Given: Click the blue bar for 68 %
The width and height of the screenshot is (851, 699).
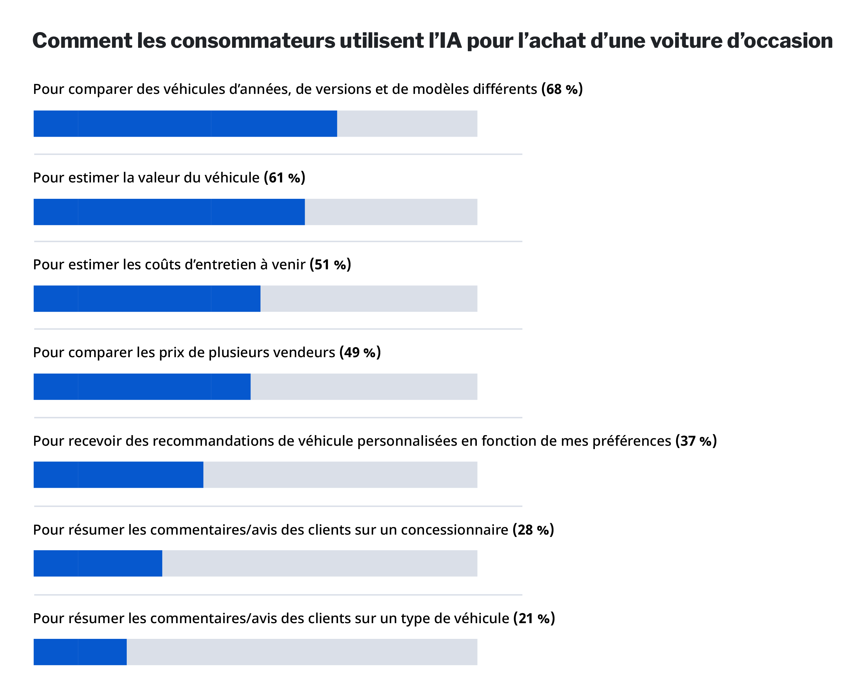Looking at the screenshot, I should pyautogui.click(x=185, y=124).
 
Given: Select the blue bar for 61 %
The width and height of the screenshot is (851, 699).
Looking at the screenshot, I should pyautogui.click(x=169, y=212).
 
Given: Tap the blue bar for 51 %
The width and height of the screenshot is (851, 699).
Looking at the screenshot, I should pyautogui.click(x=147, y=299).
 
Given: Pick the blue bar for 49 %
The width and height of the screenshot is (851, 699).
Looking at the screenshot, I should pyautogui.click(x=142, y=387).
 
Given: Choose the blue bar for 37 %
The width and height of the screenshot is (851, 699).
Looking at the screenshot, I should pyautogui.click(x=118, y=475).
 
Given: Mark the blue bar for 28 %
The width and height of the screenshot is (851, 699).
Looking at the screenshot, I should pyautogui.click(x=98, y=563).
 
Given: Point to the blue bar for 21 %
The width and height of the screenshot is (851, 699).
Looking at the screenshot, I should pyautogui.click(x=80, y=652).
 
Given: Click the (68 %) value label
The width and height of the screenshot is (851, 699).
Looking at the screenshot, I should pyautogui.click(x=562, y=89).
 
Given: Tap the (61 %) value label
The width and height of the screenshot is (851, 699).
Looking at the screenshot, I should pyautogui.click(x=285, y=177).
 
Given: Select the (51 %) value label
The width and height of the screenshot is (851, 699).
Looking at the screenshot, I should pyautogui.click(x=330, y=265).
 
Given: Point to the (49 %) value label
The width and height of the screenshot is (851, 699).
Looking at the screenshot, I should pyautogui.click(x=360, y=352).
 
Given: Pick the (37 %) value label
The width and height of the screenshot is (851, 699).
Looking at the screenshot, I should pyautogui.click(x=696, y=441).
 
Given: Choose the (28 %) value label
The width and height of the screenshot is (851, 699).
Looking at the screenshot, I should pyautogui.click(x=533, y=530).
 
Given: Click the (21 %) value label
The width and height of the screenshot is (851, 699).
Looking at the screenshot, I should pyautogui.click(x=534, y=618).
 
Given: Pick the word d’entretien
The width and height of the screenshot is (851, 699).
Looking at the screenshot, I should pyautogui.click(x=220, y=265).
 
